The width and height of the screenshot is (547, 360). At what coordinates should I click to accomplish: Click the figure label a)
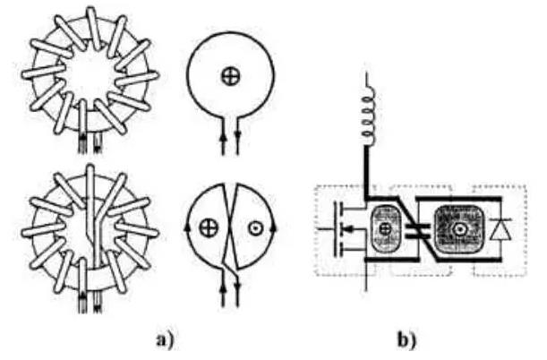(x=165, y=340)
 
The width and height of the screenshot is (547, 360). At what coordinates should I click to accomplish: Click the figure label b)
(x=406, y=340)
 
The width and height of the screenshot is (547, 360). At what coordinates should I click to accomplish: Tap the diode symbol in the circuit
(x=500, y=229)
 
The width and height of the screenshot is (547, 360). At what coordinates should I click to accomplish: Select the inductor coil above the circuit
(x=368, y=116)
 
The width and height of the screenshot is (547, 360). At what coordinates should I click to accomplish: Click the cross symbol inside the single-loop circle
(x=231, y=76)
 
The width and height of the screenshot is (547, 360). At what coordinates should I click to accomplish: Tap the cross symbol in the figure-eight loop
(x=209, y=228)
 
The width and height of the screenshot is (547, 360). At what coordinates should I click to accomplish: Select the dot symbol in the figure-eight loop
(x=256, y=228)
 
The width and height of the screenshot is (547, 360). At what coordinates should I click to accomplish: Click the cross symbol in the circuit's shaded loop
(x=385, y=228)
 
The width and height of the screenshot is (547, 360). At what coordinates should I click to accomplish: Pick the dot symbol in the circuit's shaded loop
(x=458, y=229)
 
